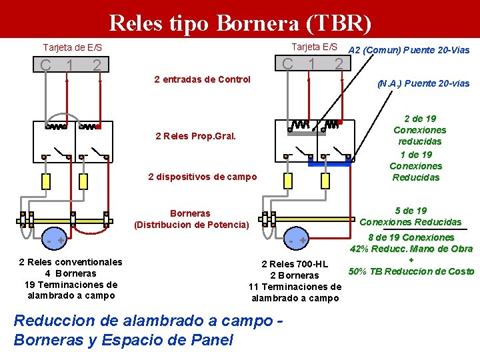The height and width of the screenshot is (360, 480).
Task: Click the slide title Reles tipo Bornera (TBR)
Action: [x=239, y=23]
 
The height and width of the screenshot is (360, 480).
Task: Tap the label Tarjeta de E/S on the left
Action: [x=73, y=48]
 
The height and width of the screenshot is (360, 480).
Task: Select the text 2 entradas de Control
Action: [x=202, y=79]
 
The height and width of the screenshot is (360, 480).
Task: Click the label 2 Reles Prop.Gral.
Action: [x=195, y=136]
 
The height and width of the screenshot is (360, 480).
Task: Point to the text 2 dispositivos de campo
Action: [x=202, y=177]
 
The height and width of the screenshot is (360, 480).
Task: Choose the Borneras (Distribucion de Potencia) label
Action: [x=190, y=219]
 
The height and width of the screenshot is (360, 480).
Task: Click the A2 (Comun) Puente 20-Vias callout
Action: [x=409, y=50]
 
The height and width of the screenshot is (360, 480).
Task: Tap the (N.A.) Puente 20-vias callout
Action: [x=423, y=83]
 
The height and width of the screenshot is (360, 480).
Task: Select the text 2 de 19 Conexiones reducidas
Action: [x=419, y=130]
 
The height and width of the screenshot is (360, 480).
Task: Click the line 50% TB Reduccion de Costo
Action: [x=411, y=271]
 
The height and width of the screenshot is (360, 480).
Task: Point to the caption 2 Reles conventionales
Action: [x=71, y=262]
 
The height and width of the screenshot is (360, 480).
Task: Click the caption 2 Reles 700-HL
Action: [x=295, y=263]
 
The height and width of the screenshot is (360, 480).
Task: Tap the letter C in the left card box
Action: [x=45, y=65]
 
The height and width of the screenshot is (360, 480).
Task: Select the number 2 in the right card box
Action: [x=339, y=64]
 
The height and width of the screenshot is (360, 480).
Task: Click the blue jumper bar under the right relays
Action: [x=330, y=162]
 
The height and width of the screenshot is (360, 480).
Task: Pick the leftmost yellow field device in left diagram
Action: [x=46, y=181]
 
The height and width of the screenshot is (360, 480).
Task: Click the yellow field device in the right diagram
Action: [x=288, y=181]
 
